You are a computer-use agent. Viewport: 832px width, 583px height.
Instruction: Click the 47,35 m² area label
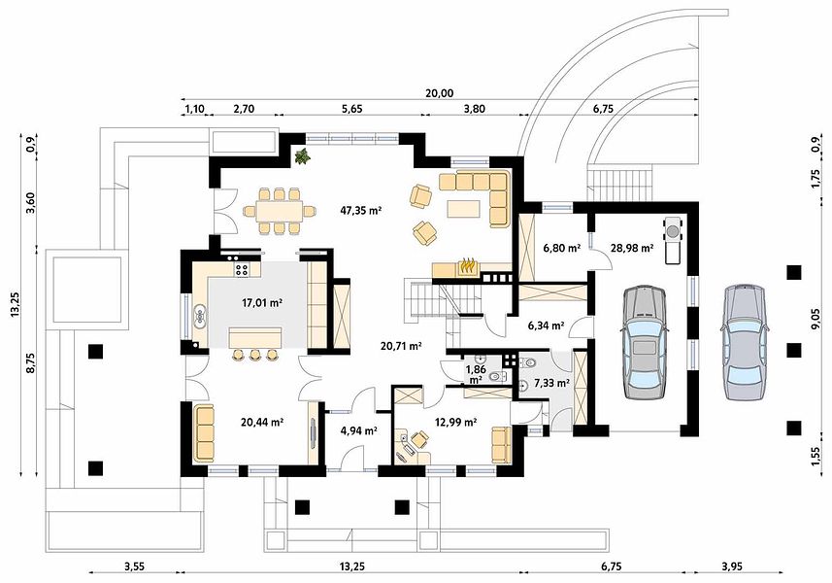tap(361, 210)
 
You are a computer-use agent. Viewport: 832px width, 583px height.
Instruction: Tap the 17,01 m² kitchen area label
tap(261, 303)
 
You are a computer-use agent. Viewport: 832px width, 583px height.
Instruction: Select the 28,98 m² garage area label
tap(631, 248)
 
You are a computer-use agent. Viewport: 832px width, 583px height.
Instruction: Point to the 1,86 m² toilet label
tap(476, 374)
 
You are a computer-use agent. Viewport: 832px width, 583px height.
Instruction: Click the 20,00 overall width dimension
tap(440, 93)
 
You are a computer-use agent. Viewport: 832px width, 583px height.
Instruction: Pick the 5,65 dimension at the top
tap(351, 109)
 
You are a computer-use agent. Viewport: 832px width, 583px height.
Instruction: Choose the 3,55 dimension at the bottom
tap(135, 566)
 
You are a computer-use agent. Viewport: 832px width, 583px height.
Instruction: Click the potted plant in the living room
tap(303, 156)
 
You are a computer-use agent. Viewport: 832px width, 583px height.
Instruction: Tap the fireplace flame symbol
tap(467, 265)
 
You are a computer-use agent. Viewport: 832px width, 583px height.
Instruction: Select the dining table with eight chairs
tap(279, 211)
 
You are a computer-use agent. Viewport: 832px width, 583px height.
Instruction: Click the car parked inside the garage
tap(645, 342)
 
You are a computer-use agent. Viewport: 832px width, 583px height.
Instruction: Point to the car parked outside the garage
tap(744, 342)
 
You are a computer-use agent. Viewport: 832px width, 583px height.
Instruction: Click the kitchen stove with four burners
tap(242, 269)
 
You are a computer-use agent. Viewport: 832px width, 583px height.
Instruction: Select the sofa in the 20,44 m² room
tap(204, 433)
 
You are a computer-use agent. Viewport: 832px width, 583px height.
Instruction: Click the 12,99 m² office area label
tap(455, 422)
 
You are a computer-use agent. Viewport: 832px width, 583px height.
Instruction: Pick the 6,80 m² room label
tap(561, 248)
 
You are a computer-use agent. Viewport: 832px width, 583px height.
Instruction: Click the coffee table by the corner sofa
tap(464, 208)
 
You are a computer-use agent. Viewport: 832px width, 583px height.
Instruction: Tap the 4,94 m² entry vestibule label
tap(358, 430)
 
